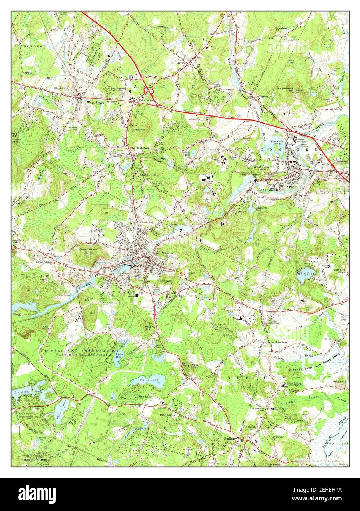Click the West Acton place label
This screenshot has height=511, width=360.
pos(95,103)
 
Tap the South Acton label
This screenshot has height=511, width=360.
pos(139,148)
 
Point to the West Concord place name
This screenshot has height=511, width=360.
pos(264,167)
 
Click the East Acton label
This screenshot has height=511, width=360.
pos(261,97)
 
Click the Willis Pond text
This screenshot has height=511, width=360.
pos(149,379)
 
